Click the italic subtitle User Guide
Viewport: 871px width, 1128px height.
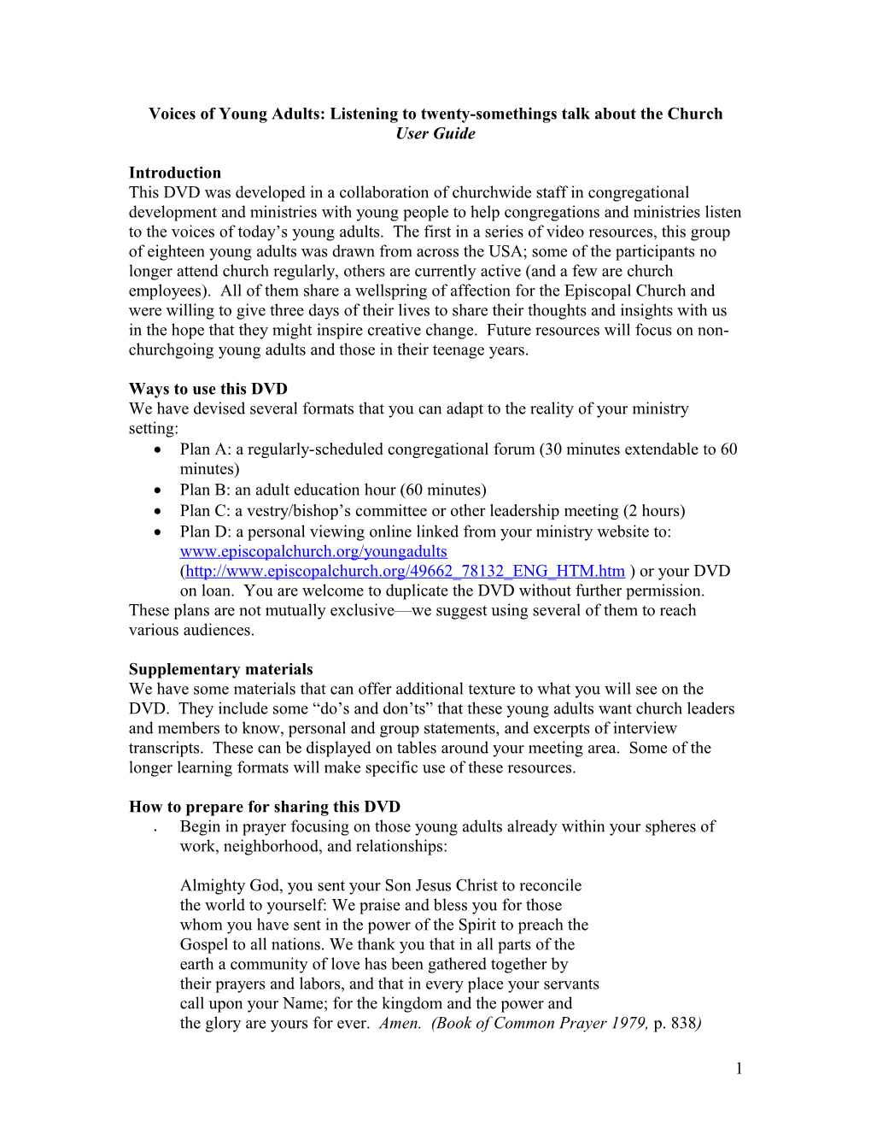pos(435,133)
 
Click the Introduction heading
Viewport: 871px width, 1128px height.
pos(175,173)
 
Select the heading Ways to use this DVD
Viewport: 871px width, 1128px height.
pos(208,389)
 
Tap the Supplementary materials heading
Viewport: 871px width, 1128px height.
pos(220,669)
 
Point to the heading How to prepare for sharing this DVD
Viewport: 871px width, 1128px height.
pos(265,807)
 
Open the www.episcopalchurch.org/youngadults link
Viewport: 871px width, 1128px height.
pos(313,551)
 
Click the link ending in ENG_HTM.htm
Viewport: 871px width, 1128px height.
pos(405,571)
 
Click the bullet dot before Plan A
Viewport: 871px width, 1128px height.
pos(158,450)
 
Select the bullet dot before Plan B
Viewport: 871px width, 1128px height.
pos(158,491)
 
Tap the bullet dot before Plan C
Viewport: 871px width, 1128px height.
pos(158,512)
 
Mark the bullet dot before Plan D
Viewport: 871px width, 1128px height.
pos(158,532)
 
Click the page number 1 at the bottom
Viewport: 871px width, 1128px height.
pos(739,1068)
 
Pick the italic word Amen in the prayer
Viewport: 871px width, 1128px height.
pos(399,1023)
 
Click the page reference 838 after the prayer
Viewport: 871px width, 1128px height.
pos(684,1023)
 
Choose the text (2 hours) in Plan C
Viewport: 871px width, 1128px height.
pos(654,510)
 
